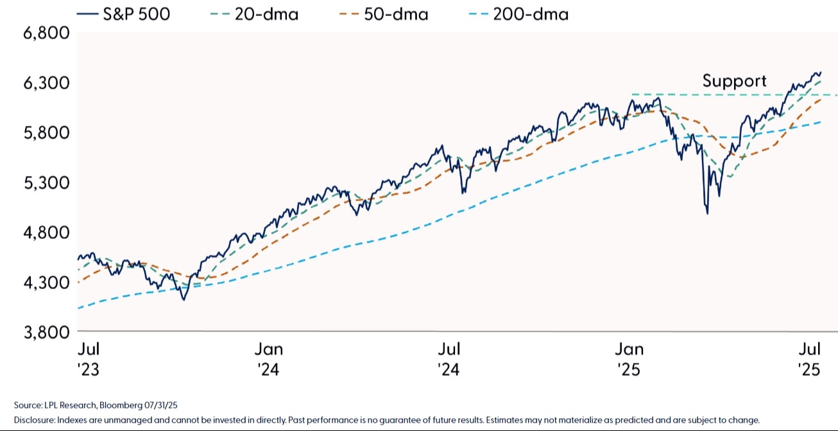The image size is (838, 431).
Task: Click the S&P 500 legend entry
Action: (x=123, y=14)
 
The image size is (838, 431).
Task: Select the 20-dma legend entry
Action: (x=254, y=14)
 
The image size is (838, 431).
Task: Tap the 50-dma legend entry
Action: (x=384, y=14)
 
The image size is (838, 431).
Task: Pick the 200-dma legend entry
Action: (x=518, y=14)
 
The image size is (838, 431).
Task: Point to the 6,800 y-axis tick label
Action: (x=46, y=33)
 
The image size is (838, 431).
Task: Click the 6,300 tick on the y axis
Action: (x=46, y=83)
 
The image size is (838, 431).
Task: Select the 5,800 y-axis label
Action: (x=46, y=133)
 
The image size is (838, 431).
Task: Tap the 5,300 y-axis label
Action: (x=46, y=182)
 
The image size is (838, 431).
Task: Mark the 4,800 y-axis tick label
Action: (x=46, y=233)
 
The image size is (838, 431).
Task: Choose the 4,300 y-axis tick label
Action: (x=46, y=283)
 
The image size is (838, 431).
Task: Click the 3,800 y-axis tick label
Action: (x=46, y=332)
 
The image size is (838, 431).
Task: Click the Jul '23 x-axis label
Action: (x=89, y=359)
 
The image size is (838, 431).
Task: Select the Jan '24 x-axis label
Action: (x=269, y=359)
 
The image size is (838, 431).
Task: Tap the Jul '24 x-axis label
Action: (x=449, y=359)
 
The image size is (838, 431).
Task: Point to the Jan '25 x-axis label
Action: (x=629, y=359)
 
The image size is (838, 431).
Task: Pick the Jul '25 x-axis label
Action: (x=810, y=359)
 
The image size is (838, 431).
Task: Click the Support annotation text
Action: (x=734, y=82)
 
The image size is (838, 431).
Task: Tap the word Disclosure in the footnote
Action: (x=35, y=420)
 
